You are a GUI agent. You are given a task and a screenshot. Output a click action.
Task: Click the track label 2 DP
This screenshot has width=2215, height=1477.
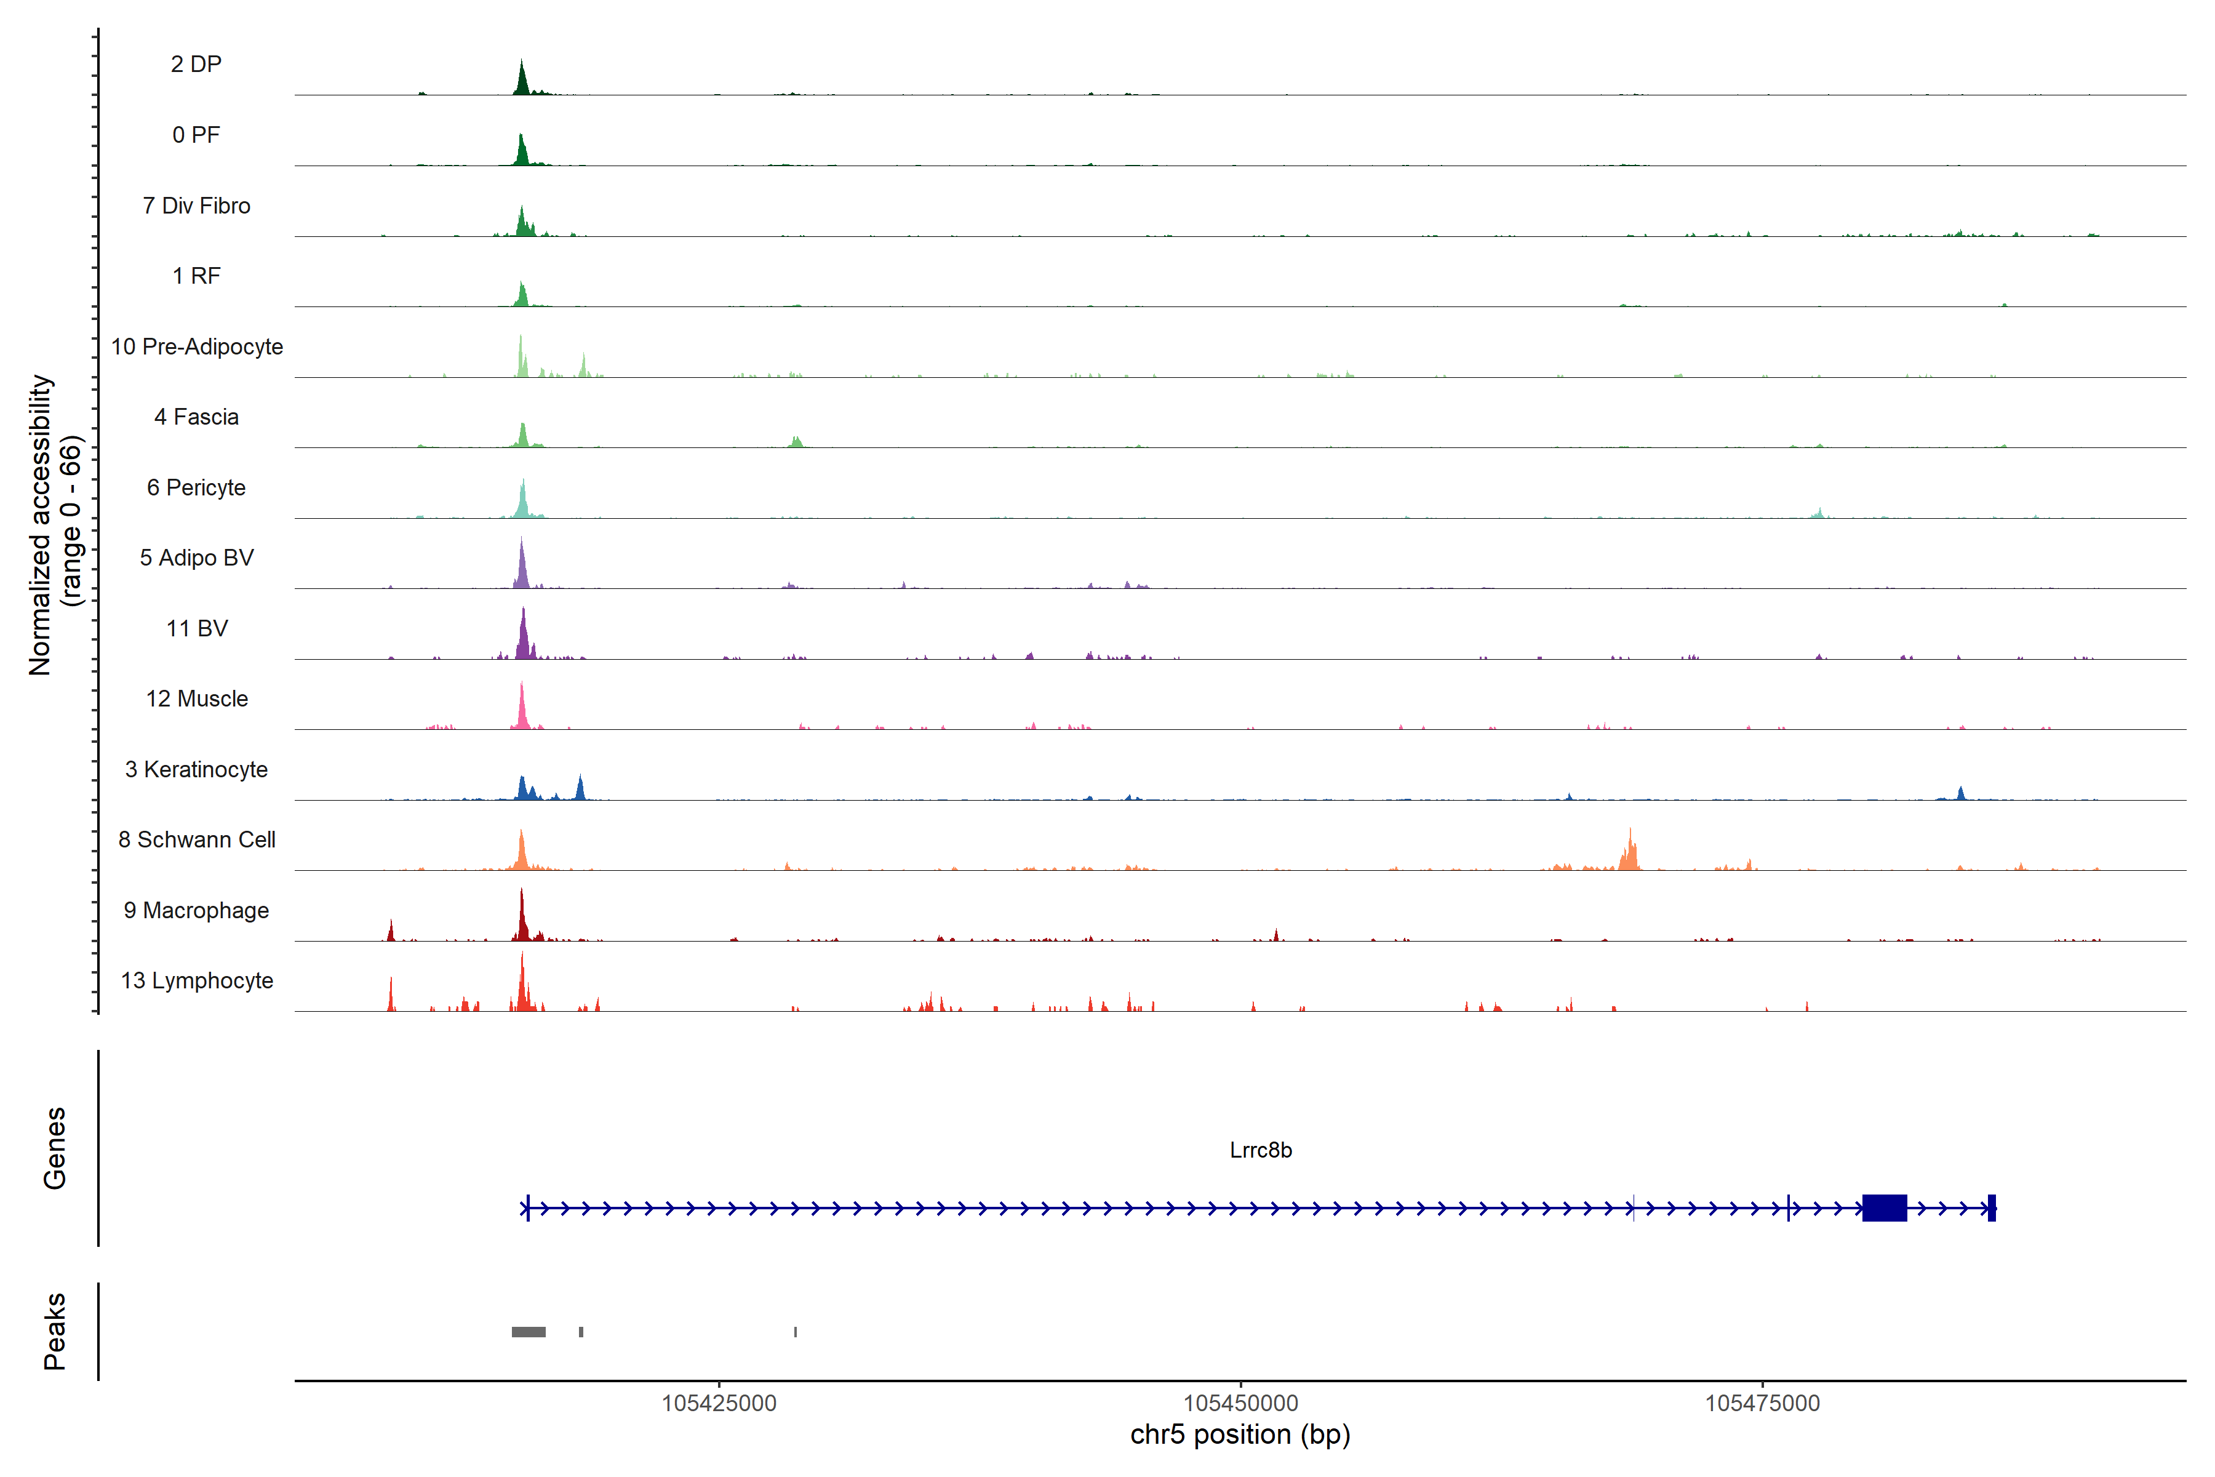coord(196,64)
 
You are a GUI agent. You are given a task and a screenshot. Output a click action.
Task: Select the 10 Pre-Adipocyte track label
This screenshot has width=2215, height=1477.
coord(197,346)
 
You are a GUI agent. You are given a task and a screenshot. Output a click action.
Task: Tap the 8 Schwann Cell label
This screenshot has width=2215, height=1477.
coord(197,839)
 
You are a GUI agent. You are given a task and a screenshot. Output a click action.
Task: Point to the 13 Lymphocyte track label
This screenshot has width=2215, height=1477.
coord(197,980)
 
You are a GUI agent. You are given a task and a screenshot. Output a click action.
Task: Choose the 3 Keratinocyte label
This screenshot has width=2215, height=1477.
coord(197,770)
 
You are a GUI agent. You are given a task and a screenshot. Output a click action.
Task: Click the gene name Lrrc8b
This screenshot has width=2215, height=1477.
coord(1260,1150)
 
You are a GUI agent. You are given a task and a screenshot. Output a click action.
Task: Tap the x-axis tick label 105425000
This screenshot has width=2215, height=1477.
coord(719,1403)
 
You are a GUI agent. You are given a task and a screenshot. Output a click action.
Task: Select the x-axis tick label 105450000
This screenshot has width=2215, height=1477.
coord(1240,1403)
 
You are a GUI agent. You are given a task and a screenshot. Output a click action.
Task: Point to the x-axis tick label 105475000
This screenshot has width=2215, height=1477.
coord(1762,1403)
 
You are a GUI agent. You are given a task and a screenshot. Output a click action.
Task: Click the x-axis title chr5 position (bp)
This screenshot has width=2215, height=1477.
coord(1240,1435)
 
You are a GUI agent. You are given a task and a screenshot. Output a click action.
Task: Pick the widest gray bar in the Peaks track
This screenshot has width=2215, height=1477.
coord(529,1332)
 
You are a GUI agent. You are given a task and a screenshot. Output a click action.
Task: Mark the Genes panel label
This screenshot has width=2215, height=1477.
coord(55,1148)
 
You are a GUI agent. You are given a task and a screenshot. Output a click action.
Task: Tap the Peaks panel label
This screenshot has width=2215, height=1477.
coord(55,1331)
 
